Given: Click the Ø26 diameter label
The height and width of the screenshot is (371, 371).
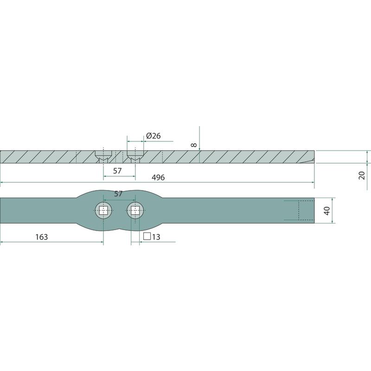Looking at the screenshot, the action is click(154, 136).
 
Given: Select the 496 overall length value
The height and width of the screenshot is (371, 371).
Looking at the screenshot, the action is click(158, 178).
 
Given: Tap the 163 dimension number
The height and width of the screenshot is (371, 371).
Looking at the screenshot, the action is click(41, 237).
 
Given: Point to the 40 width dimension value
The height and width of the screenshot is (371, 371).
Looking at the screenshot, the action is click(327, 211).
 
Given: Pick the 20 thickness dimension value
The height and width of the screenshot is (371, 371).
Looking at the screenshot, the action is click(362, 175).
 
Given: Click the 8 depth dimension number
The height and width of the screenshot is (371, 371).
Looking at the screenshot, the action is click(194, 145).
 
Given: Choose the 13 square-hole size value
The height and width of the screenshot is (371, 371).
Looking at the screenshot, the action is click(156, 237).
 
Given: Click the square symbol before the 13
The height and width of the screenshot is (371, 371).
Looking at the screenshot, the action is click(147, 237).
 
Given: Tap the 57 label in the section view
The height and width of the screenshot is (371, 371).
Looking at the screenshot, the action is click(117, 171).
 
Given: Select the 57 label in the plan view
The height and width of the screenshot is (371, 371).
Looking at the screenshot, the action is click(118, 194).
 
